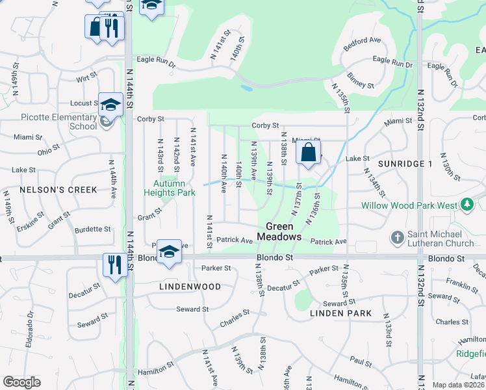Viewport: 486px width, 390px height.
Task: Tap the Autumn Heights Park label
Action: (169, 188)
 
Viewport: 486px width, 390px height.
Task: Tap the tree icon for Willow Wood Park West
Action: (467, 205)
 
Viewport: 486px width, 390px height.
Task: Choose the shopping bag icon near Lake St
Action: (309, 153)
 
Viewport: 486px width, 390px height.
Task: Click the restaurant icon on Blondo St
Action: (112, 264)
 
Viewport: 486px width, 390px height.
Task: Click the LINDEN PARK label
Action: (340, 313)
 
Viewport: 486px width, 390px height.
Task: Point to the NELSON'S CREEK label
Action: (58, 190)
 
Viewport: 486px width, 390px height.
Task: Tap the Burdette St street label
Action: (93, 229)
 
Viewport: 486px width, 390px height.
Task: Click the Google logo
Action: (21, 382)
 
